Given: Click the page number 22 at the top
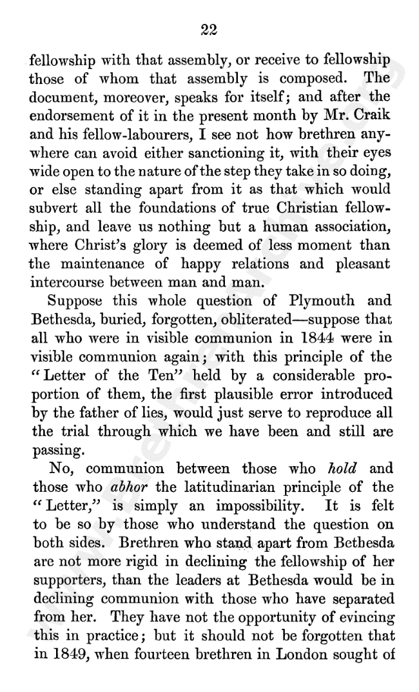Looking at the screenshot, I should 209,29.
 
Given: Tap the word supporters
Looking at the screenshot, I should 64,570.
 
